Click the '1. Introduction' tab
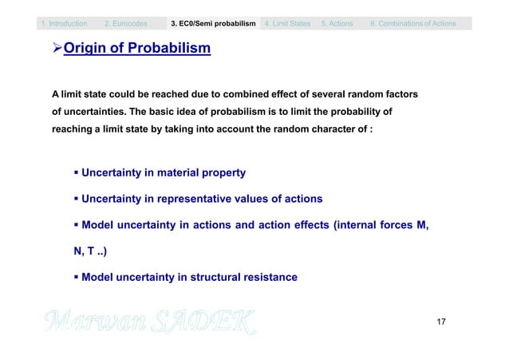click(x=65, y=24)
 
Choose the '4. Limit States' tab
click(x=288, y=24)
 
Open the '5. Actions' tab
click(x=337, y=24)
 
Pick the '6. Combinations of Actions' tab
click(x=413, y=24)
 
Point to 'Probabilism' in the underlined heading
click(x=168, y=50)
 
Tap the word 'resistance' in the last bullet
click(x=266, y=277)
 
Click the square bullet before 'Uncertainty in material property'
click(x=77, y=172)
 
